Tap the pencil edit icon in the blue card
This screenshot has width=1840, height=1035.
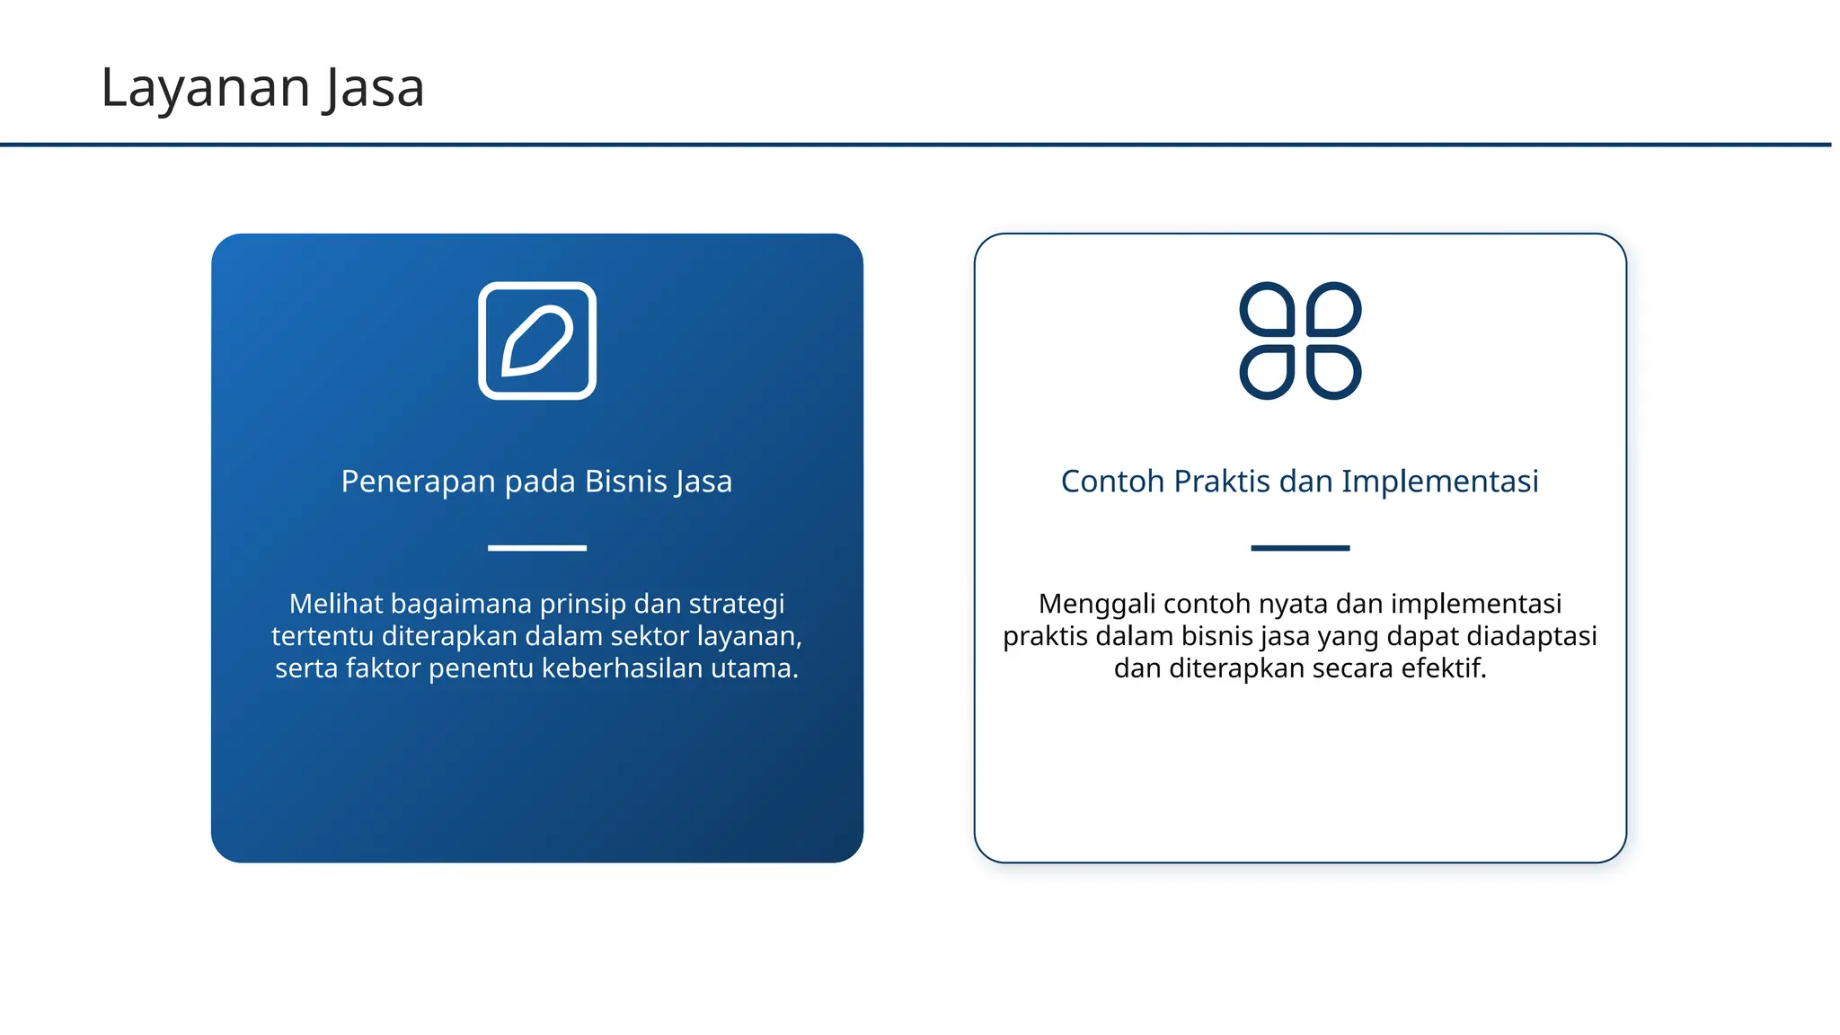point(537,341)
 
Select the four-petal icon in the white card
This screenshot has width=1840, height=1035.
point(1300,341)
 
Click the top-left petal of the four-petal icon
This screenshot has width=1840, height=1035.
point(1268,310)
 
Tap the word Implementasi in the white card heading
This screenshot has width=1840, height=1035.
point(1439,482)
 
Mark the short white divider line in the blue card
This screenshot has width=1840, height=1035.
point(537,547)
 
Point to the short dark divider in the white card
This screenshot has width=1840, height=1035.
point(1300,547)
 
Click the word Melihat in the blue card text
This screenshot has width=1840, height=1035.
point(335,604)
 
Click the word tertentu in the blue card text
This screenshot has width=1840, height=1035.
point(322,636)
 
